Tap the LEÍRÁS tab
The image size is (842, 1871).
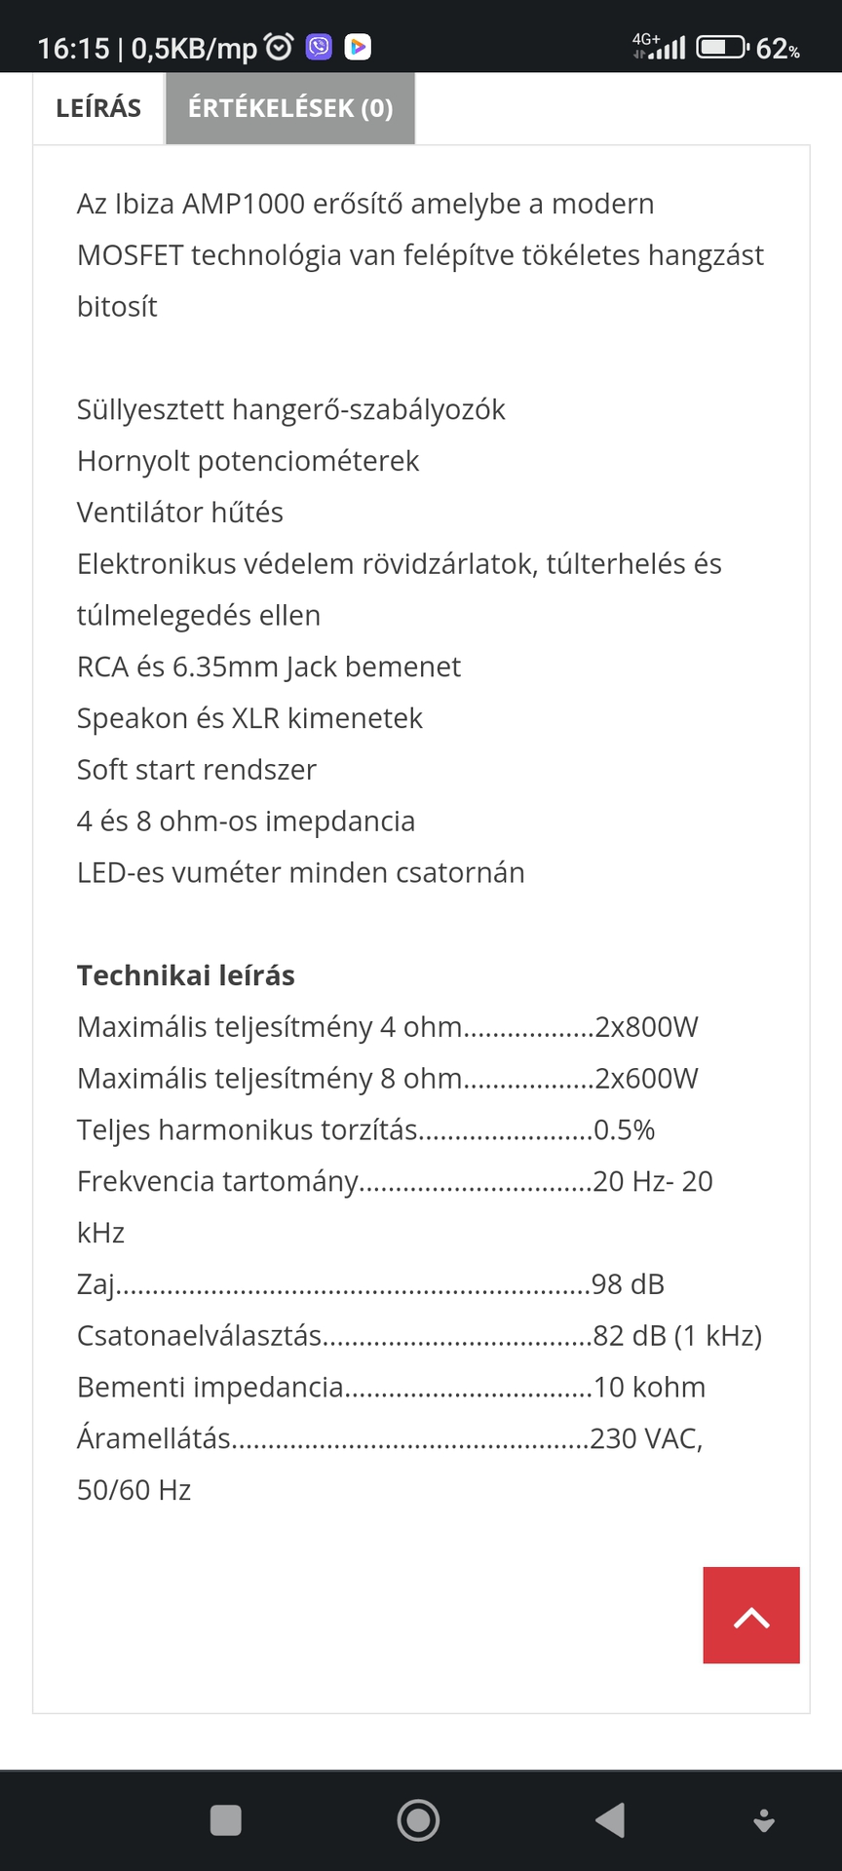coord(98,108)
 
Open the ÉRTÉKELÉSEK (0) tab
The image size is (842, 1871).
coord(290,108)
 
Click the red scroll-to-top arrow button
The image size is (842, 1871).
coord(751,1615)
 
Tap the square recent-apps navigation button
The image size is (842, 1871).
coord(226,1820)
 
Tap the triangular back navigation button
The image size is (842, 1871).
coord(611,1820)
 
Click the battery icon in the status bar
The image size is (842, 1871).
coord(721,47)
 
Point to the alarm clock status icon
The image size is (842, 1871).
coord(280,47)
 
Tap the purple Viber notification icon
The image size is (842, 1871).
coord(319,47)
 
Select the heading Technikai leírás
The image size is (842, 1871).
coord(186,975)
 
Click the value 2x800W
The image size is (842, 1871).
coord(647,1027)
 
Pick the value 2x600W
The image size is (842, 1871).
coord(647,1079)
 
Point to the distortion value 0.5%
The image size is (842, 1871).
coord(625,1130)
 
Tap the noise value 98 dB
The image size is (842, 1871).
coord(629,1284)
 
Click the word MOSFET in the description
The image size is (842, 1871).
coord(130,255)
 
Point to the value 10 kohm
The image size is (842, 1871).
coord(650,1388)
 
